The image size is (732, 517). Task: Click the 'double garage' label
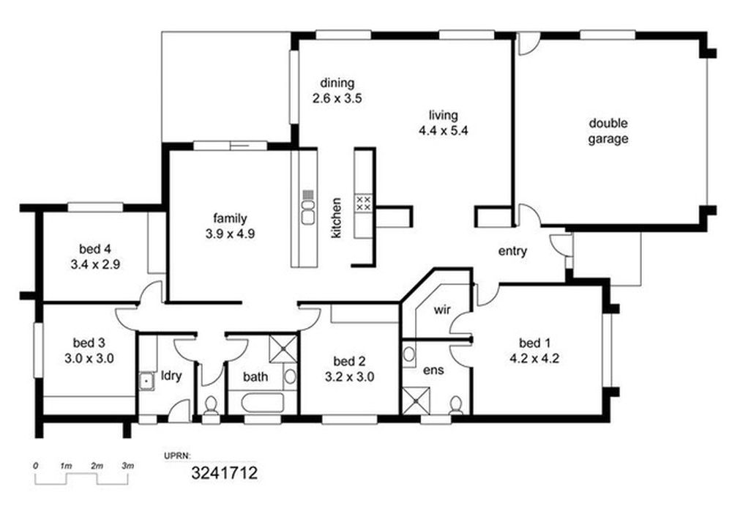pyautogui.click(x=608, y=131)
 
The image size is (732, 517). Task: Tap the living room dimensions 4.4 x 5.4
pyautogui.click(x=443, y=131)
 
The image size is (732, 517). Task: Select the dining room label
pyautogui.click(x=337, y=83)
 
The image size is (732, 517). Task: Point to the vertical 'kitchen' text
pyautogui.click(x=336, y=217)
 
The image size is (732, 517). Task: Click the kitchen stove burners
pyautogui.click(x=364, y=203)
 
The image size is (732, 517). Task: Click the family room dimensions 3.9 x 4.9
pyautogui.click(x=230, y=234)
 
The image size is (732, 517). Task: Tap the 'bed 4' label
pyautogui.click(x=94, y=249)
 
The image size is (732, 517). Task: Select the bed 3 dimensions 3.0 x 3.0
pyautogui.click(x=89, y=359)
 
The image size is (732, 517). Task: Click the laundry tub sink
pyautogui.click(x=147, y=381)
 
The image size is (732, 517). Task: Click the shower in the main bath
pyautogui.click(x=283, y=348)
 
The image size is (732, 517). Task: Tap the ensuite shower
pyautogui.click(x=416, y=401)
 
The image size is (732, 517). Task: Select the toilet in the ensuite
pyautogui.click(x=455, y=406)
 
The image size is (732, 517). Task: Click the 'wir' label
pyautogui.click(x=441, y=310)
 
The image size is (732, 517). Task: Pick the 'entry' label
pyautogui.click(x=512, y=251)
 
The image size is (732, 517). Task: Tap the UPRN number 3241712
pyautogui.click(x=225, y=473)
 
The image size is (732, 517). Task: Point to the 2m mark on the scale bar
pyautogui.click(x=97, y=466)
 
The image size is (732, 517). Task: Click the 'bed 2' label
pyautogui.click(x=349, y=361)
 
